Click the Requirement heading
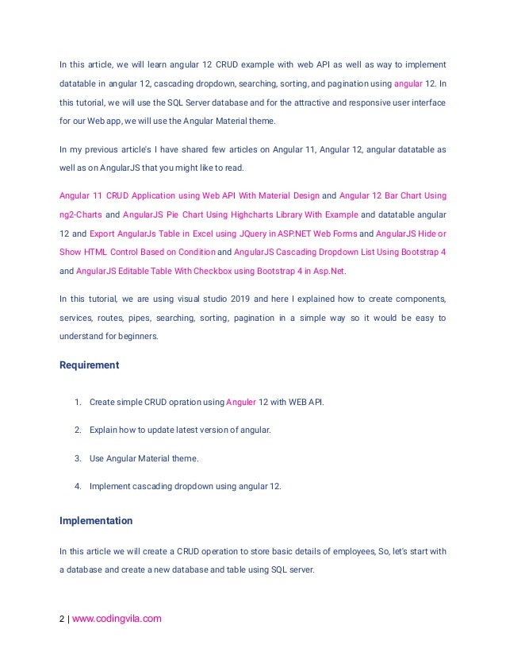tap(90, 365)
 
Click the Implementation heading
tap(96, 521)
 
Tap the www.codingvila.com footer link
tap(117, 619)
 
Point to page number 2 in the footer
tap(62, 619)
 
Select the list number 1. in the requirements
tap(78, 402)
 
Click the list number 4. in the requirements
tap(78, 485)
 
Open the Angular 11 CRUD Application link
tap(190, 195)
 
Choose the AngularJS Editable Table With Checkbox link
tap(211, 271)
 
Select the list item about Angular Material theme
tap(144, 457)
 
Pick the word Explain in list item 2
tap(104, 430)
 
